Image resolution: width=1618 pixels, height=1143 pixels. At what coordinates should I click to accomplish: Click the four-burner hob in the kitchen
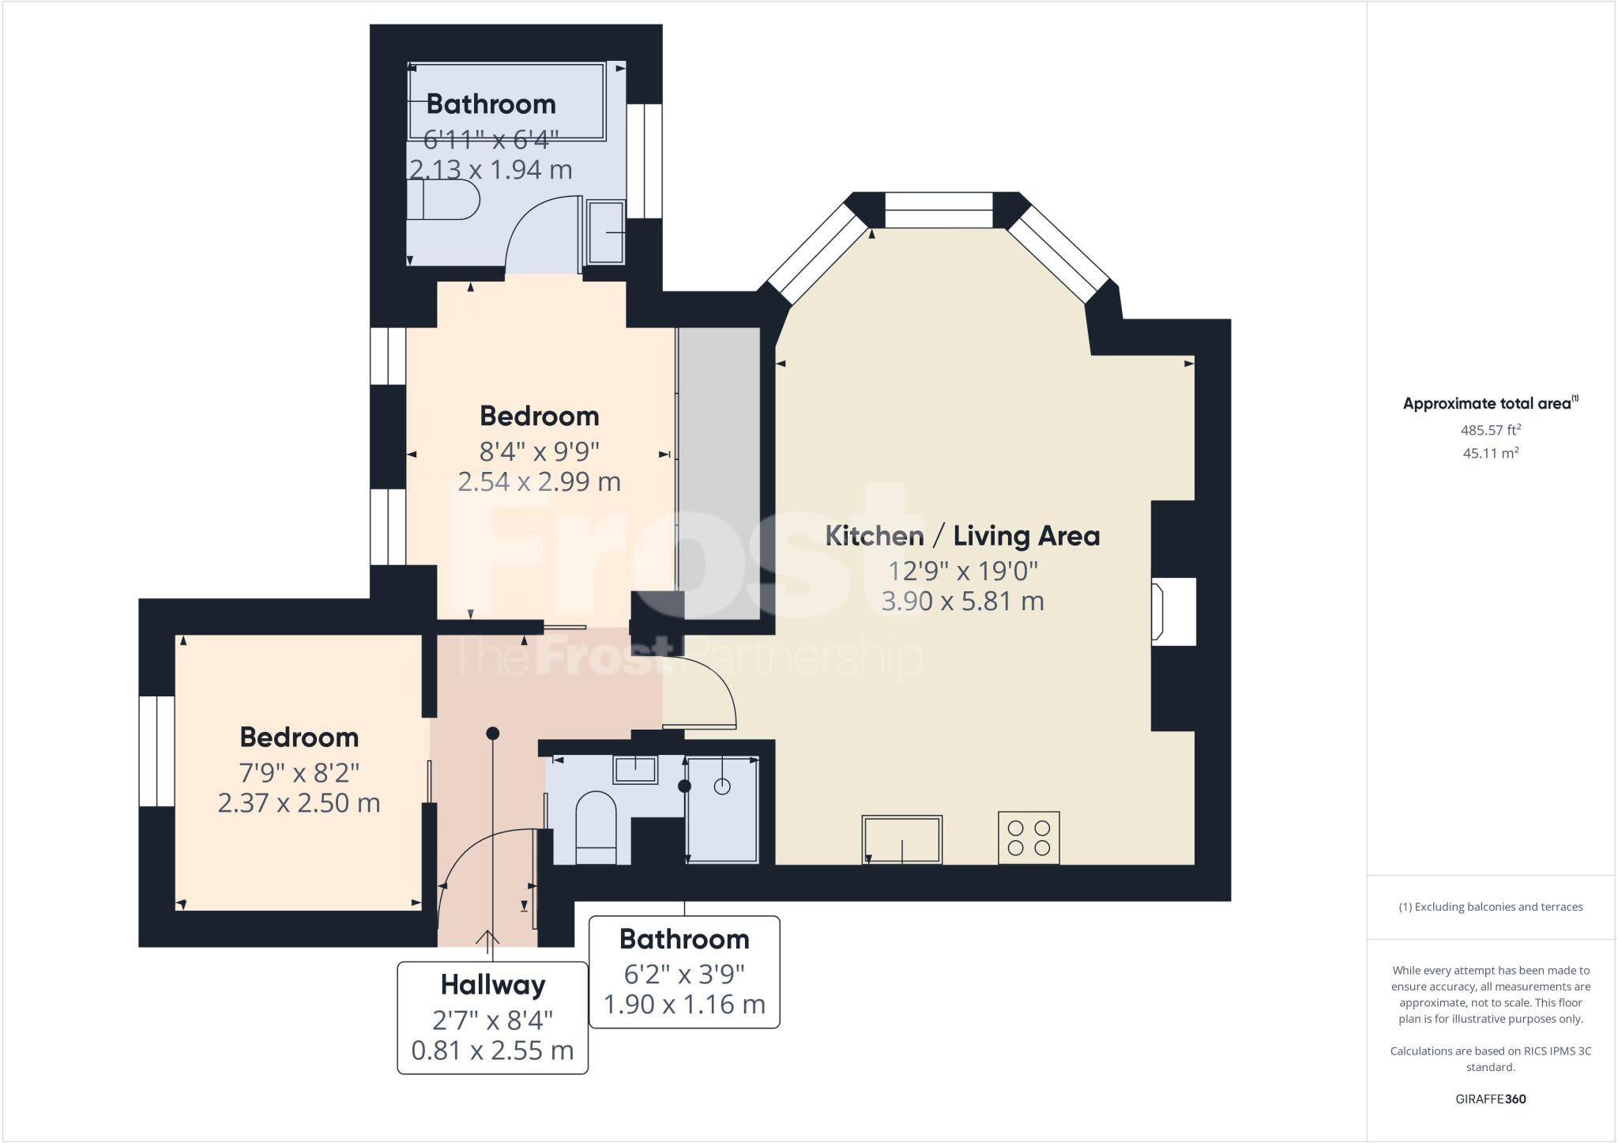(1029, 838)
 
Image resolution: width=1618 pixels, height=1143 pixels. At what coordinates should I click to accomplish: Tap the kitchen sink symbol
(902, 839)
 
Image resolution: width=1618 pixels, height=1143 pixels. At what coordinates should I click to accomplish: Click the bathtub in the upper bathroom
(506, 101)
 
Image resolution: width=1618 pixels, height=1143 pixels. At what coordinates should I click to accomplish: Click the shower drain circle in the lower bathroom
(722, 786)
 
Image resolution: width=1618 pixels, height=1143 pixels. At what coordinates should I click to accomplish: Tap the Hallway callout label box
(492, 1017)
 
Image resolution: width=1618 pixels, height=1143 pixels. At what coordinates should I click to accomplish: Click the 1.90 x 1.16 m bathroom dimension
(684, 1005)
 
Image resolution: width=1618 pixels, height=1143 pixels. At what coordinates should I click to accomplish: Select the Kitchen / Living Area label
(962, 536)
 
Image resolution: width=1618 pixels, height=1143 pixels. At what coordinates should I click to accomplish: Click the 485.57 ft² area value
(1490, 431)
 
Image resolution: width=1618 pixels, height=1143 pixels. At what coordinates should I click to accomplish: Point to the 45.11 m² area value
(1490, 454)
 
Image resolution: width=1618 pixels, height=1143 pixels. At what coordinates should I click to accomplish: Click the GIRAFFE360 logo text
(1490, 1099)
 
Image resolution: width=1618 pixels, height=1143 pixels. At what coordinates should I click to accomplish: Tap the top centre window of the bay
(938, 210)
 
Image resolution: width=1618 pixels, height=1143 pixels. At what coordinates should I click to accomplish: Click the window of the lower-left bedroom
(156, 751)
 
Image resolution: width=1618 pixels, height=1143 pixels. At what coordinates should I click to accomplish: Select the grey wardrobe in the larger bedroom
(719, 473)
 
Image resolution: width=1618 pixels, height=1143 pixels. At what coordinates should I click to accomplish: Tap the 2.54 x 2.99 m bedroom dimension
(540, 481)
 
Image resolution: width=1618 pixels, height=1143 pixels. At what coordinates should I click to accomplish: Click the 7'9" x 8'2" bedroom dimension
(299, 771)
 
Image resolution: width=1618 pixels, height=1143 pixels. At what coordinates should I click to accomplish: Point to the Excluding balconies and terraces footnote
(1490, 907)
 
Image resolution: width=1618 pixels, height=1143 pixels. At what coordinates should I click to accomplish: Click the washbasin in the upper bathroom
(606, 231)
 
